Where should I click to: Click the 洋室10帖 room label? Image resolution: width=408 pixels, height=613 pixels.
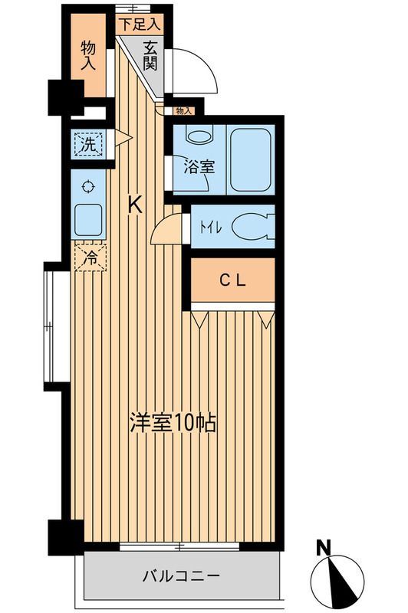click(173, 423)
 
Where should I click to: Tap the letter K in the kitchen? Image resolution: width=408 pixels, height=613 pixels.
click(136, 205)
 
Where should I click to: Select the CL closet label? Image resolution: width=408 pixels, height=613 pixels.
click(232, 280)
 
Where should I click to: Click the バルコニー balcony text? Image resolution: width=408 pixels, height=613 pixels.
click(181, 576)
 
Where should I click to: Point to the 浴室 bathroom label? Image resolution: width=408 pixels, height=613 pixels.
click(199, 167)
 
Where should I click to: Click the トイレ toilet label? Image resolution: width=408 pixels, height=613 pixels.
click(211, 228)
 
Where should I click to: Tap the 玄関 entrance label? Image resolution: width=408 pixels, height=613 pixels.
click(150, 55)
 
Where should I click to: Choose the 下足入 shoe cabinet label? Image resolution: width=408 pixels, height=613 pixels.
click(140, 25)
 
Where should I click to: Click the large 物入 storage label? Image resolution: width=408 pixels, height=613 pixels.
click(88, 56)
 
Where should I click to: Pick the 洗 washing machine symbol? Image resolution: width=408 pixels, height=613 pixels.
click(88, 145)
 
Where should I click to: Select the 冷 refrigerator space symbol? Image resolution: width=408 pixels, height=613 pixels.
click(90, 257)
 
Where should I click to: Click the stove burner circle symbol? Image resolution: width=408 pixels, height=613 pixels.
click(88, 186)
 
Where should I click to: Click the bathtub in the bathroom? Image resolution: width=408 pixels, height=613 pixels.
click(250, 160)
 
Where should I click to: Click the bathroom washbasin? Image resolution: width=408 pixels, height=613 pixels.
click(199, 135)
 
